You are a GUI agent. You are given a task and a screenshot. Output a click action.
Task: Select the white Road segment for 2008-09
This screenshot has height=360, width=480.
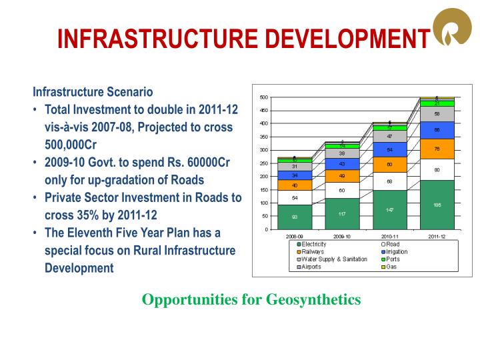[295, 198]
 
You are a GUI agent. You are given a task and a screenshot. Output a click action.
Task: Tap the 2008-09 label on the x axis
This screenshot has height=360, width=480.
[295, 236]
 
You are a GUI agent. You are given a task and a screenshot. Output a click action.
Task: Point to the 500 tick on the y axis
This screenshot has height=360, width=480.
[264, 97]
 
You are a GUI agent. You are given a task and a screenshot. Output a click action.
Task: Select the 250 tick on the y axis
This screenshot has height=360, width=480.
[264, 163]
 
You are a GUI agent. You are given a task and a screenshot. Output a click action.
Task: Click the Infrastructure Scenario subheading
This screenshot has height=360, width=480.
[93, 91]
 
